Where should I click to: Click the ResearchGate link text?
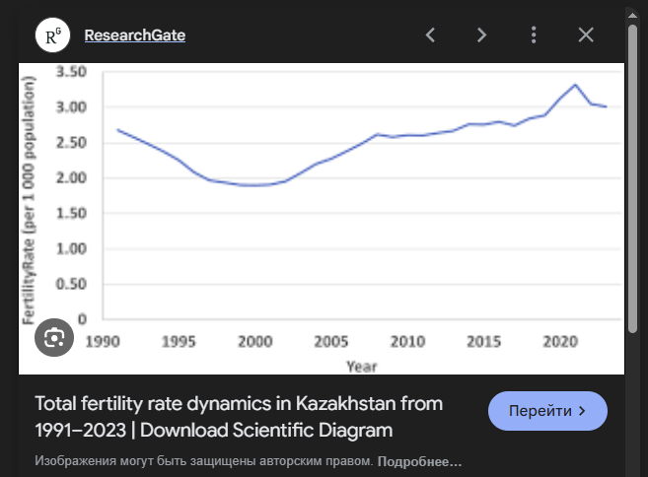(135, 35)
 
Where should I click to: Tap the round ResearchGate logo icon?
(52, 35)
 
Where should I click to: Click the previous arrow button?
(430, 35)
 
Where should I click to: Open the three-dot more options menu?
(534, 35)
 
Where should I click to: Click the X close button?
(586, 35)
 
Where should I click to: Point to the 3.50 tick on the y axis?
(73, 72)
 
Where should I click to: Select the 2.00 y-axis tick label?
(73, 178)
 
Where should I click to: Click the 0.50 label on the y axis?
(73, 285)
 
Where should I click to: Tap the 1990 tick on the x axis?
(102, 341)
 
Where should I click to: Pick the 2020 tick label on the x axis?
(559, 341)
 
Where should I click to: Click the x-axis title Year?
(360, 366)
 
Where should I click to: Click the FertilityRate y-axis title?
(30, 197)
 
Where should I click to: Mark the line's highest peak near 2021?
(575, 85)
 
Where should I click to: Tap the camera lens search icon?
(53, 337)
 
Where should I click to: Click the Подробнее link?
(419, 461)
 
